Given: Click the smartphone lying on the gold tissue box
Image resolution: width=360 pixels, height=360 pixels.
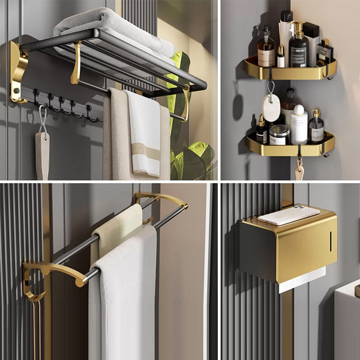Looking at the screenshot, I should point(288,215).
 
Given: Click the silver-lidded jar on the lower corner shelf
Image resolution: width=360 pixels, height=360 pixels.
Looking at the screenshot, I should point(279,135).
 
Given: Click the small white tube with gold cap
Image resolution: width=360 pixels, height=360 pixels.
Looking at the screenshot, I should point(281,57).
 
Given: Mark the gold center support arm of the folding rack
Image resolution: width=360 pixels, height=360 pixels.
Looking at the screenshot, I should point(76,63).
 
